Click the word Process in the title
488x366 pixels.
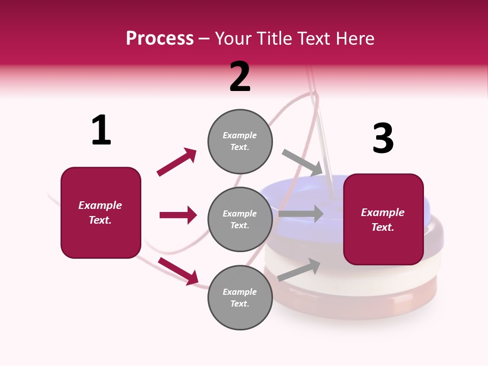(160, 39)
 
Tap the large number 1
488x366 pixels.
(101, 130)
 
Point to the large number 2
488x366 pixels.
(240, 77)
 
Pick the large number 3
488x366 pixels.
(383, 138)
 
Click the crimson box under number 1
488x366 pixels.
(101, 212)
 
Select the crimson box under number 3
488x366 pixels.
(383, 220)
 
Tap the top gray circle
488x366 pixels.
(240, 141)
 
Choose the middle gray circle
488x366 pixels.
(240, 219)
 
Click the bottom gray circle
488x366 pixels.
(240, 297)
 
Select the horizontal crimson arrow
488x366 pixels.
(178, 215)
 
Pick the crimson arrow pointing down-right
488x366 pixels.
(178, 271)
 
